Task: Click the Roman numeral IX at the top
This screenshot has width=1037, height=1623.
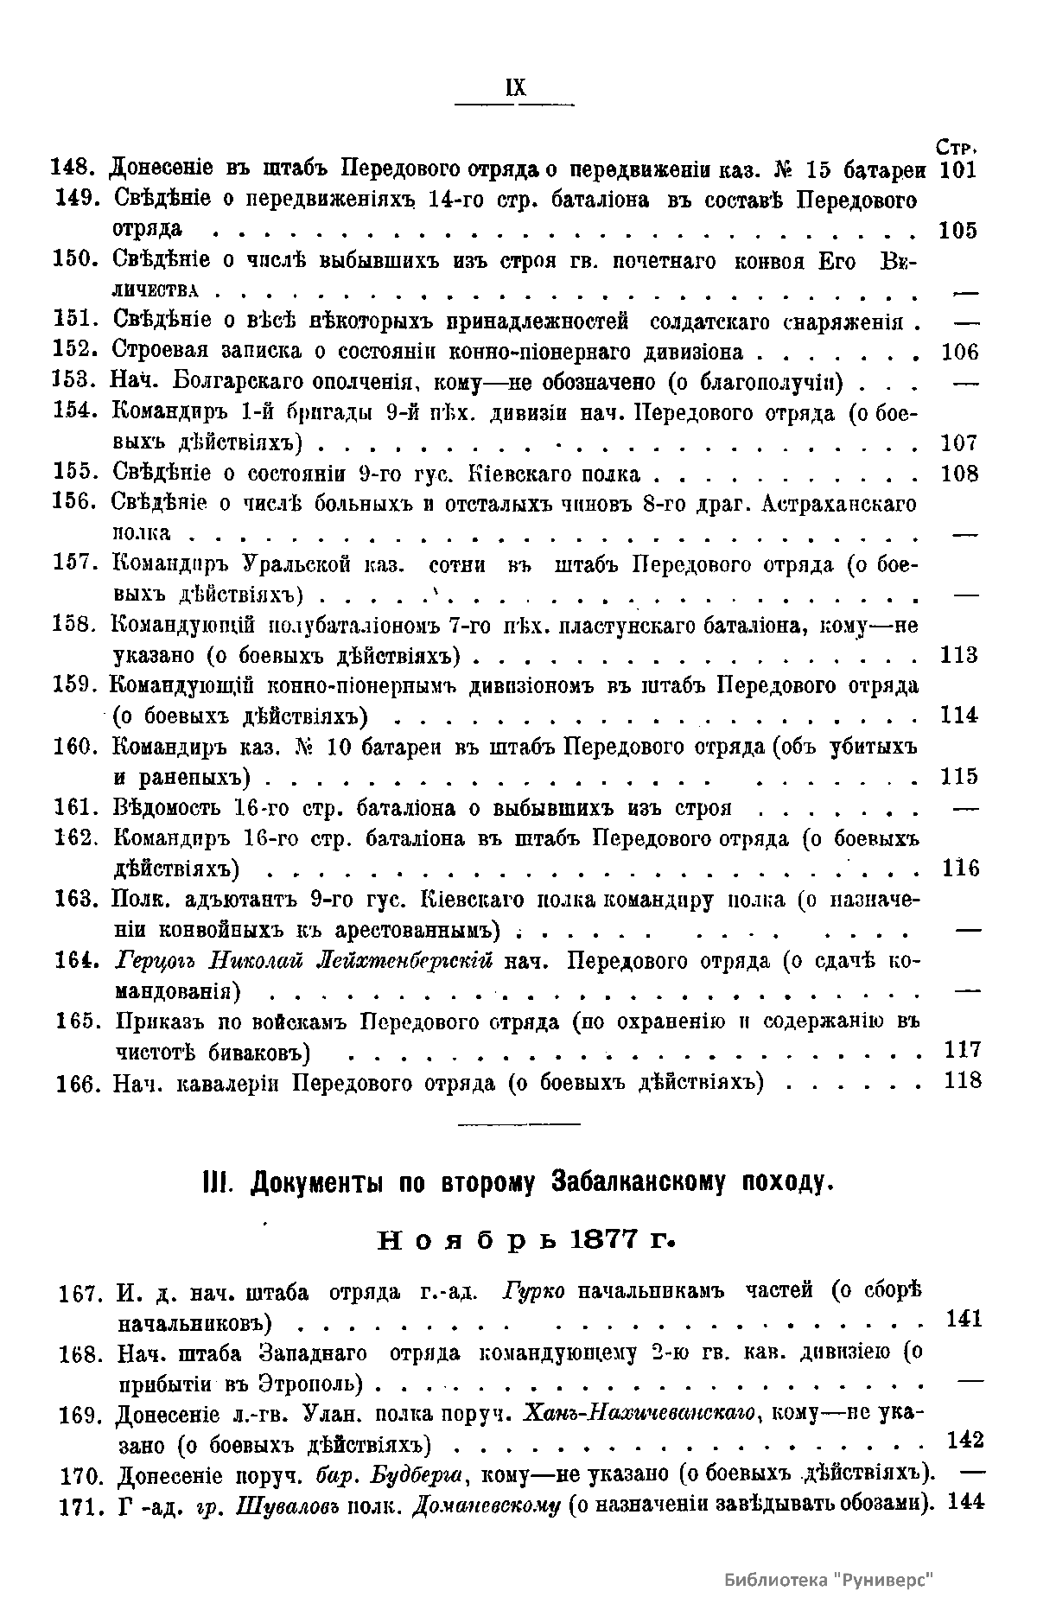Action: (x=516, y=88)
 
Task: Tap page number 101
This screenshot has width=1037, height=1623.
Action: (x=957, y=169)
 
